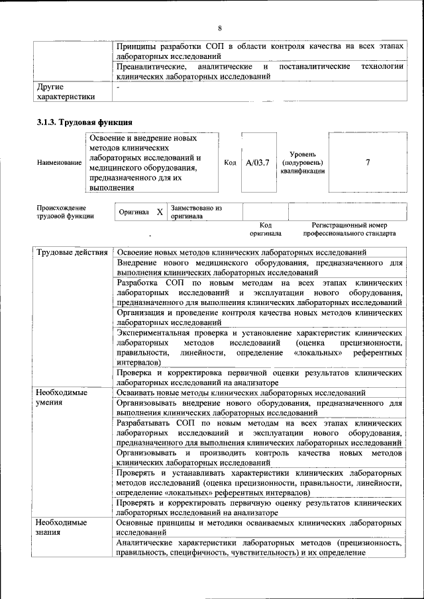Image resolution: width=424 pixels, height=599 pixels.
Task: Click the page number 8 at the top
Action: [219, 27]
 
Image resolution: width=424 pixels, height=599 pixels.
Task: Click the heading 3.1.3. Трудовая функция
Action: [84, 122]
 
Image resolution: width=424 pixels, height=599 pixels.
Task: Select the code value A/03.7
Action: [257, 163]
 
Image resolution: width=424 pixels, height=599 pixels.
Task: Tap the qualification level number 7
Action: [368, 162]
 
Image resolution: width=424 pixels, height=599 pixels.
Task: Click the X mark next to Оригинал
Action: [160, 212]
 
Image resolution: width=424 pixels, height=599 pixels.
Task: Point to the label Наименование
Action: [59, 163]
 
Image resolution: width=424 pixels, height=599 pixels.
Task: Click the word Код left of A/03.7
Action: [231, 163]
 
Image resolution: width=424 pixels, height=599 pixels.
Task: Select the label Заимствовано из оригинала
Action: [196, 212]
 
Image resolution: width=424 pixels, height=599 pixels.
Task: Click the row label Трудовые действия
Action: [72, 253]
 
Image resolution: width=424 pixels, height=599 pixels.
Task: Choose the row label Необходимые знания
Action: [62, 528]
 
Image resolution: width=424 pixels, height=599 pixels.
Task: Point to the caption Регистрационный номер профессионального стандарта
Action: [349, 229]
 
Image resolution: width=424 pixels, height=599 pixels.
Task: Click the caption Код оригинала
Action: [266, 229]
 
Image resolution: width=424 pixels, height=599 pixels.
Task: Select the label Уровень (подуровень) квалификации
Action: [302, 162]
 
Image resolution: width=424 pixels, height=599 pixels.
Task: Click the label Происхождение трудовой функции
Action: [65, 212]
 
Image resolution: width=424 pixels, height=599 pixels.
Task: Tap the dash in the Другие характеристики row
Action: [118, 87]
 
